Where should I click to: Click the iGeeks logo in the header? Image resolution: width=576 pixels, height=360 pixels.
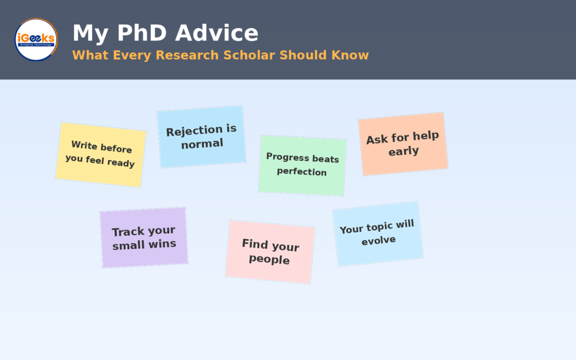click(x=36, y=40)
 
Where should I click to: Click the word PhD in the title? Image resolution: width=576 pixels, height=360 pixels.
click(x=142, y=33)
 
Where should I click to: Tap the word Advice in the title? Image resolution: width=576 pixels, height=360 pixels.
click(x=217, y=33)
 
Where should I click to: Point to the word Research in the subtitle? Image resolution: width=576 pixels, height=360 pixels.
click(x=187, y=55)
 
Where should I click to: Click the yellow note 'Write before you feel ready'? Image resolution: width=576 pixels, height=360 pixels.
click(x=101, y=155)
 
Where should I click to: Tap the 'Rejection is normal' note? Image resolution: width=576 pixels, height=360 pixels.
click(x=201, y=137)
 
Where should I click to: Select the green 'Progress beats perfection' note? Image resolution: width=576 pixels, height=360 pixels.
click(x=302, y=165)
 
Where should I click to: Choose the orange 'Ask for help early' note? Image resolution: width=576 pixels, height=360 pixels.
click(x=403, y=144)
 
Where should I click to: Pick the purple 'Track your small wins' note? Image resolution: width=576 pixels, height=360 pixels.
click(x=144, y=238)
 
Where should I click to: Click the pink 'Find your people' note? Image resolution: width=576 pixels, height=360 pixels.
click(x=270, y=252)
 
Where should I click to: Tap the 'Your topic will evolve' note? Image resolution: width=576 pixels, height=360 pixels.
click(x=377, y=234)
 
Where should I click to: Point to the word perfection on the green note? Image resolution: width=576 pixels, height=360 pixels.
click(x=301, y=172)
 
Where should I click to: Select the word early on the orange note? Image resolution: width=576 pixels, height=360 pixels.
click(x=404, y=151)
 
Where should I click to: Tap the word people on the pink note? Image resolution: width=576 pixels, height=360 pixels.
click(x=269, y=259)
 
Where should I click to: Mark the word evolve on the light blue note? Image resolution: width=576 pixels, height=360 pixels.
click(x=379, y=241)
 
